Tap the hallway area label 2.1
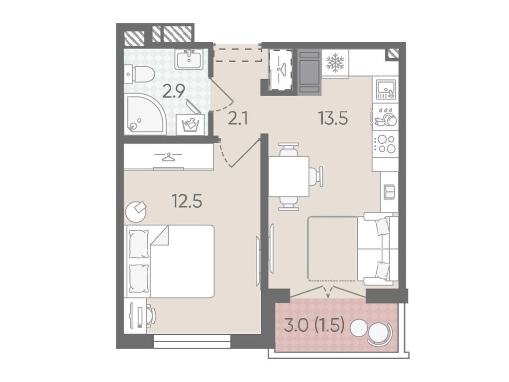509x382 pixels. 238,119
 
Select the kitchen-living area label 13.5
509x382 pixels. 333,118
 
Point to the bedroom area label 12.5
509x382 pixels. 187,201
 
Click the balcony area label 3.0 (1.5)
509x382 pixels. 314,325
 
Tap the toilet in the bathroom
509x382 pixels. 140,74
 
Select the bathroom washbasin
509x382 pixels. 189,59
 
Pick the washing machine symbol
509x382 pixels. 190,125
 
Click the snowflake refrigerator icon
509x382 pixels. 335,63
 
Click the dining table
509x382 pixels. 289,176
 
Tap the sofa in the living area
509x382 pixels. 378,249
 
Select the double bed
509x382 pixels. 171,261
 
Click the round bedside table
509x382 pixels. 136,211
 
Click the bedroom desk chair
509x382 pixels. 151,314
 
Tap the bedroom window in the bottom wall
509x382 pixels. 192,341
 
